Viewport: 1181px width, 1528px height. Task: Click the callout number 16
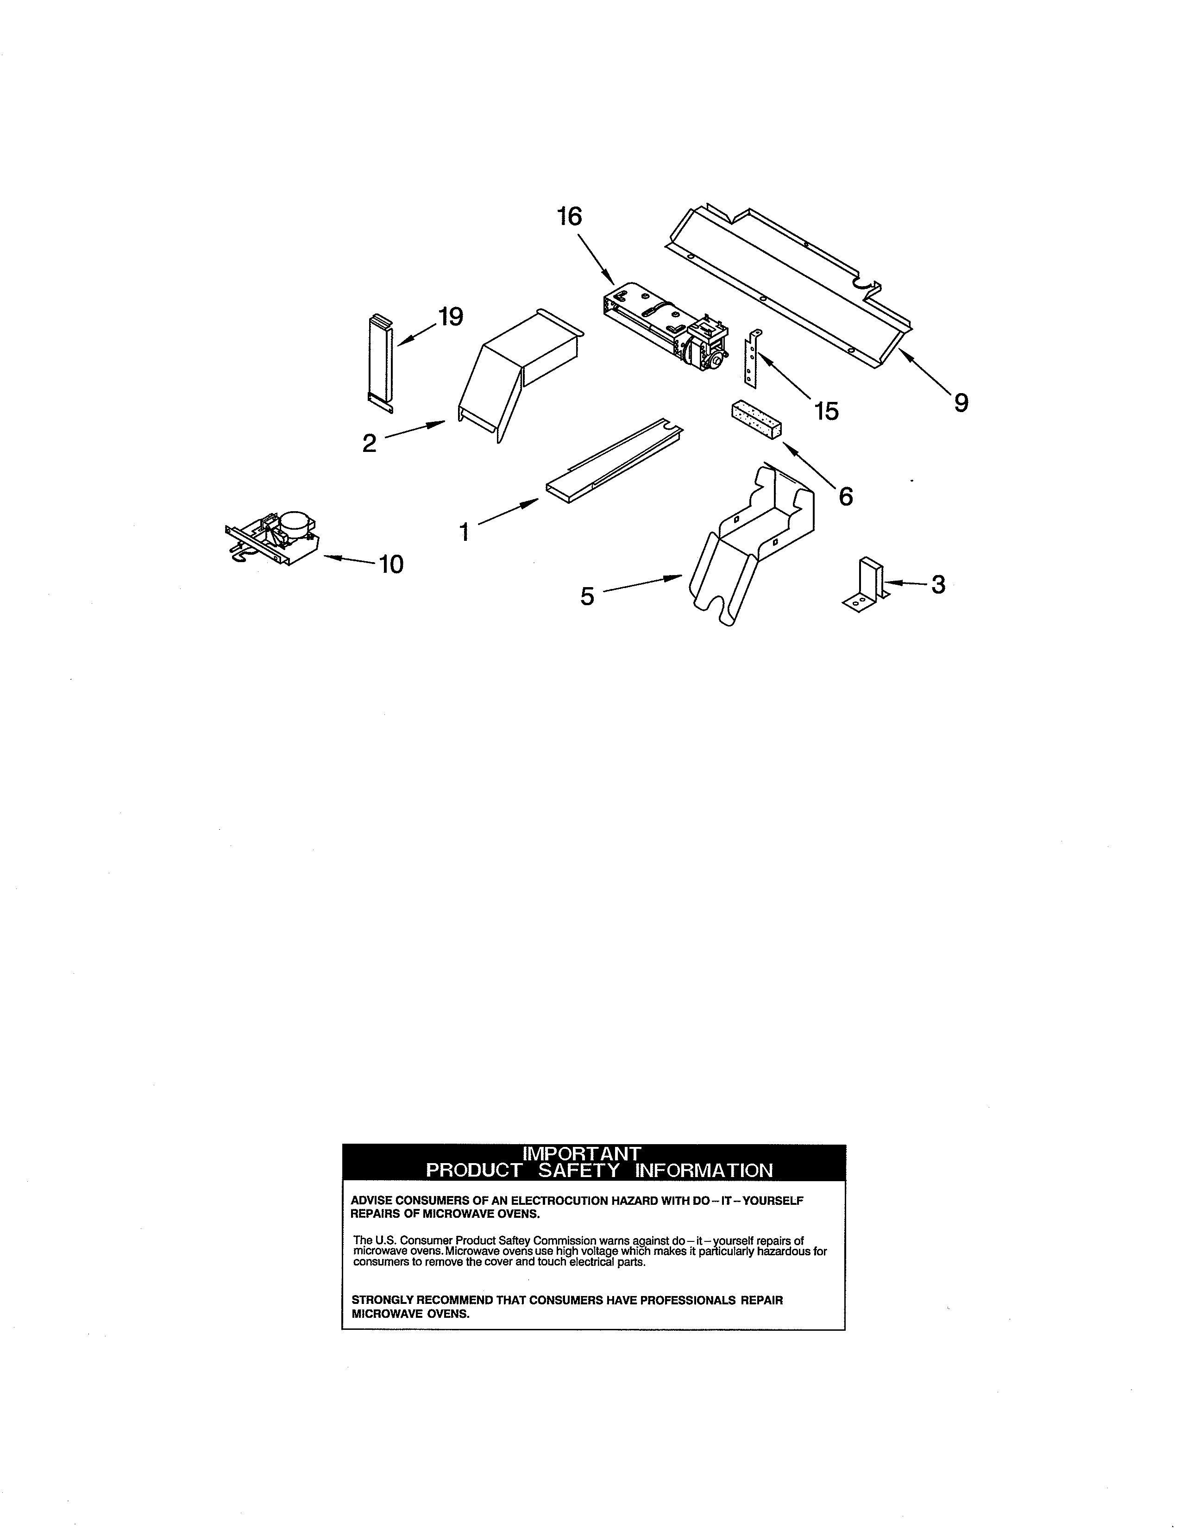[570, 216]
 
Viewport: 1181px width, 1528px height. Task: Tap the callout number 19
[451, 317]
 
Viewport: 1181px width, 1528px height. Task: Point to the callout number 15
[826, 411]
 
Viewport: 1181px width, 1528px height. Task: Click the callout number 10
[391, 564]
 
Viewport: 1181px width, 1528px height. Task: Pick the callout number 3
[938, 584]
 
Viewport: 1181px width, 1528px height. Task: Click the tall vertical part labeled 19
[381, 363]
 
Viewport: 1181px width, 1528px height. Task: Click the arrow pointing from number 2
[415, 429]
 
